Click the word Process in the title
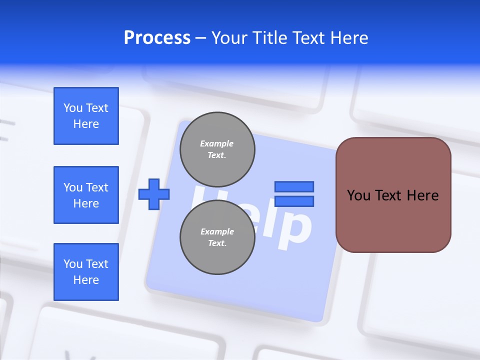(157, 38)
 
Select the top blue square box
(86, 116)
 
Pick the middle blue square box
(86, 195)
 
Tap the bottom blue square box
(86, 272)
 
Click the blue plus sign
(154, 194)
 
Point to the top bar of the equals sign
(294, 186)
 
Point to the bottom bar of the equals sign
(294, 201)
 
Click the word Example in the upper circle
(216, 143)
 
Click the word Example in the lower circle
(217, 231)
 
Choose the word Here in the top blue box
(86, 124)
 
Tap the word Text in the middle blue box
(96, 187)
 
